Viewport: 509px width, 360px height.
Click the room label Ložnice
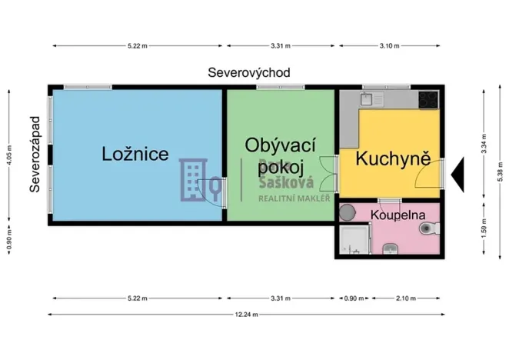pos(135,154)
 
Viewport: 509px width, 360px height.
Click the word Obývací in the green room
pos(281,145)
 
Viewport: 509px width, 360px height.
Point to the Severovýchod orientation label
pos(249,73)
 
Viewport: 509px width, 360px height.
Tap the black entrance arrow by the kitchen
pos(457,174)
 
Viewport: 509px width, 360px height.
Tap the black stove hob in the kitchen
pos(428,99)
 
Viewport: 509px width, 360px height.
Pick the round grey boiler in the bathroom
pos(347,211)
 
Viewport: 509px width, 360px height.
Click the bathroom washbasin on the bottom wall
pos(391,248)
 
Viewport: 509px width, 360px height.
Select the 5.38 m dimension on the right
pos(499,183)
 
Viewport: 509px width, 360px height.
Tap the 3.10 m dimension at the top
pos(390,46)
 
